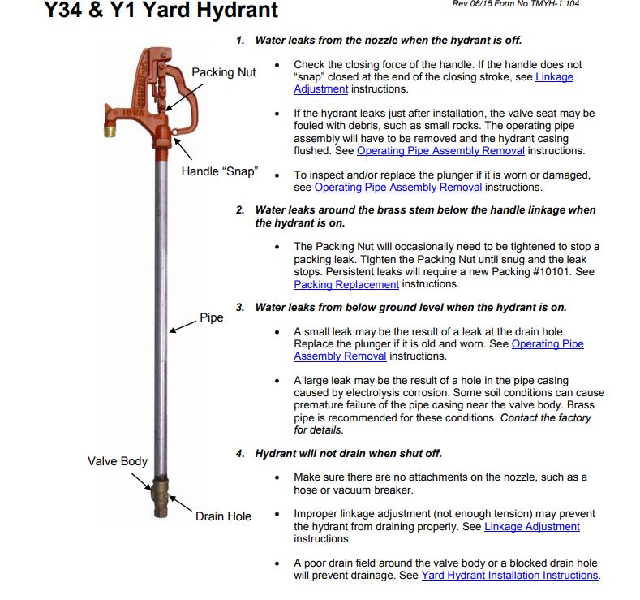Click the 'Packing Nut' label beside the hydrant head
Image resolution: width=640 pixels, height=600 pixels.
pos(223,72)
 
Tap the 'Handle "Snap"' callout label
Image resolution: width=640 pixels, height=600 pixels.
pos(219,171)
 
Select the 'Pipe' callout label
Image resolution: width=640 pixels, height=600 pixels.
pos(211,317)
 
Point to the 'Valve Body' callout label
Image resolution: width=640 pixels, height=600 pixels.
pos(118,461)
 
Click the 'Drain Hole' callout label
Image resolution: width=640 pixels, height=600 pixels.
pos(223,516)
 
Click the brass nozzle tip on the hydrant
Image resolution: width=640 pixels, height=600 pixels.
pos(112,129)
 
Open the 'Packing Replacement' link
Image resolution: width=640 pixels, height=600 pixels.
pos(346,285)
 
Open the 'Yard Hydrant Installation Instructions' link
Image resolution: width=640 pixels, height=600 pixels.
pos(509,576)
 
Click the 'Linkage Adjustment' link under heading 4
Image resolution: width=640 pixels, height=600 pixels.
pos(531,527)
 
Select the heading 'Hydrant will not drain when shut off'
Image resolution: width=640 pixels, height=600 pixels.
pos(348,453)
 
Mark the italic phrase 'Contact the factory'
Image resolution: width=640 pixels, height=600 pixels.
pos(545,418)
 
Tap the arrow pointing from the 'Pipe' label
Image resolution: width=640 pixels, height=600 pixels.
pos(183,325)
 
